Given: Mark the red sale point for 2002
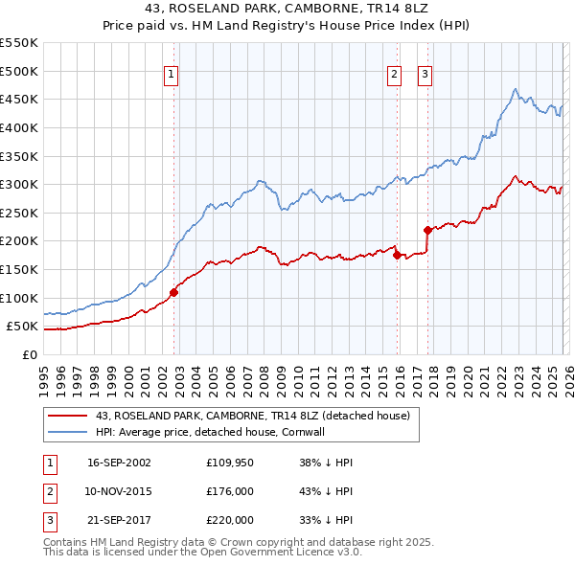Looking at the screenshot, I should (x=173, y=292).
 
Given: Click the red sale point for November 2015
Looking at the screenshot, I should (x=397, y=255).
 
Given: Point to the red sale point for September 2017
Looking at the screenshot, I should (x=428, y=230).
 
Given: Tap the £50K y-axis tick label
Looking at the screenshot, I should (x=23, y=327).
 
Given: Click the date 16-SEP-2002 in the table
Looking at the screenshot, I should (x=119, y=463).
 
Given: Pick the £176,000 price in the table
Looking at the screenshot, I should (x=230, y=491).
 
